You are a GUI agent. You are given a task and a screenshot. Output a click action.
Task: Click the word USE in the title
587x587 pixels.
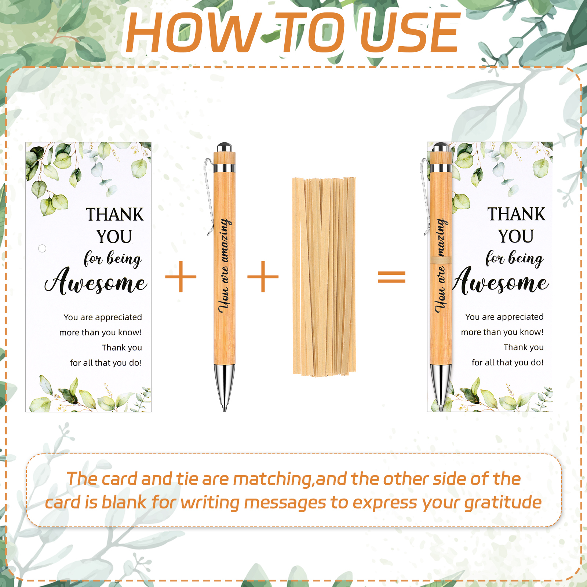[x=410, y=33]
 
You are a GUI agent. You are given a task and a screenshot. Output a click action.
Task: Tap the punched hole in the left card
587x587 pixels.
[x=42, y=248]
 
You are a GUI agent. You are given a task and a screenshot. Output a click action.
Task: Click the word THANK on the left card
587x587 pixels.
[x=114, y=215]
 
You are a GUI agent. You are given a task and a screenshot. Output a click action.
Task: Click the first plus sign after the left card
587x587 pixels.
[x=181, y=277]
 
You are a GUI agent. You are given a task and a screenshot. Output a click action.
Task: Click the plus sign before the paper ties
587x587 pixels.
[x=263, y=277]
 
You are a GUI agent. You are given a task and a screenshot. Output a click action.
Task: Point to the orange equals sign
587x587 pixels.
[x=391, y=277]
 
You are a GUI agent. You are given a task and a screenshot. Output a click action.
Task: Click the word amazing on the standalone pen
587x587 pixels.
[x=225, y=240]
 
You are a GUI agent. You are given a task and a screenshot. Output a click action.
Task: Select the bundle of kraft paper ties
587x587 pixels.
[x=324, y=277]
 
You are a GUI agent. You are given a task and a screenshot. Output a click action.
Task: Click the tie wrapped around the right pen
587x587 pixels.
[x=441, y=260]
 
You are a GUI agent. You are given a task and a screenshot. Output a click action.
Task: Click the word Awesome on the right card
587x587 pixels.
[x=501, y=281]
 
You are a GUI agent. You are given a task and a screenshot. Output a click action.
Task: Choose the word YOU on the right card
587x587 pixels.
[x=516, y=236]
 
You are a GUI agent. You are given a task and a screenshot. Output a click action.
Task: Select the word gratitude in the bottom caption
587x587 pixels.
[x=503, y=503]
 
